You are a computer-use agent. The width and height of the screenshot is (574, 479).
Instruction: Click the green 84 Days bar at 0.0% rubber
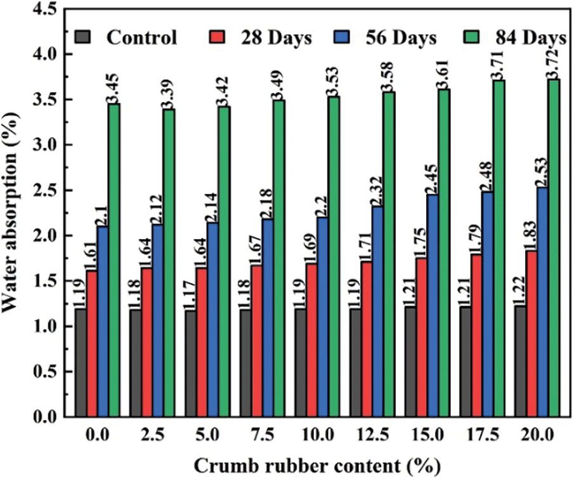click(x=114, y=260)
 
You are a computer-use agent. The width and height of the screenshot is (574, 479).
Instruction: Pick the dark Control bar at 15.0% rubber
click(x=410, y=362)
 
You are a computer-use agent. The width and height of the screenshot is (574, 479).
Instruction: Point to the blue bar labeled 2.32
click(x=377, y=312)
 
